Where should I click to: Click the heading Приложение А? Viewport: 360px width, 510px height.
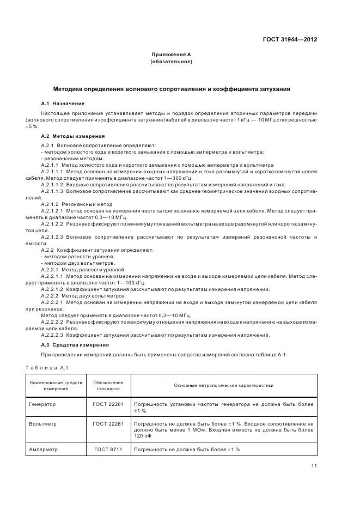[171, 54]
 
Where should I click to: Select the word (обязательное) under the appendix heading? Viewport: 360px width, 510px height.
[171, 62]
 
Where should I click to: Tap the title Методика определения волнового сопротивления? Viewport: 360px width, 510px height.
[171, 88]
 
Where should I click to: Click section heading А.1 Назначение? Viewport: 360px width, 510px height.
[63, 103]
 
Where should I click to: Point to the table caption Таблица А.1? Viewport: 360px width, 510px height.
[44, 368]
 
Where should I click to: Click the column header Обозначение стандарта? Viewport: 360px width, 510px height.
[108, 386]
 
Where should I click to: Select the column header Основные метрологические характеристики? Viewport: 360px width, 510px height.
[223, 385]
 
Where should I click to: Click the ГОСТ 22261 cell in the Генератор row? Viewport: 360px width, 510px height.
[108, 405]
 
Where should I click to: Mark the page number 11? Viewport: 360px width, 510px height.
[314, 465]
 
